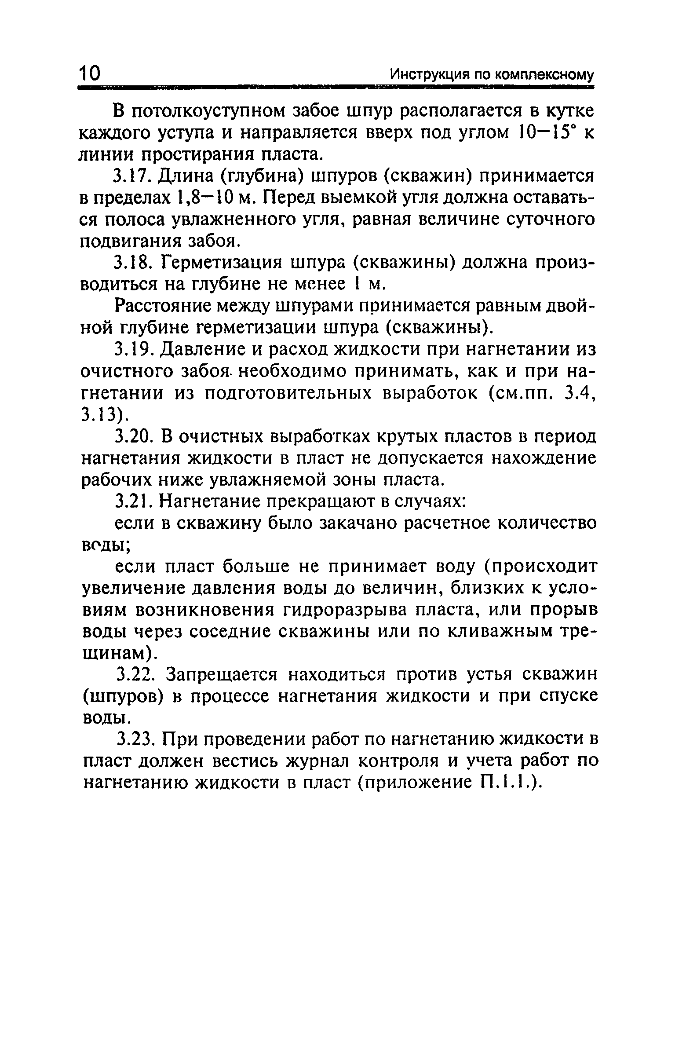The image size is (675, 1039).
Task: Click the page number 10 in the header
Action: (90, 73)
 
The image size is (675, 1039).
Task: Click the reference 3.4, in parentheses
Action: (578, 393)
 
